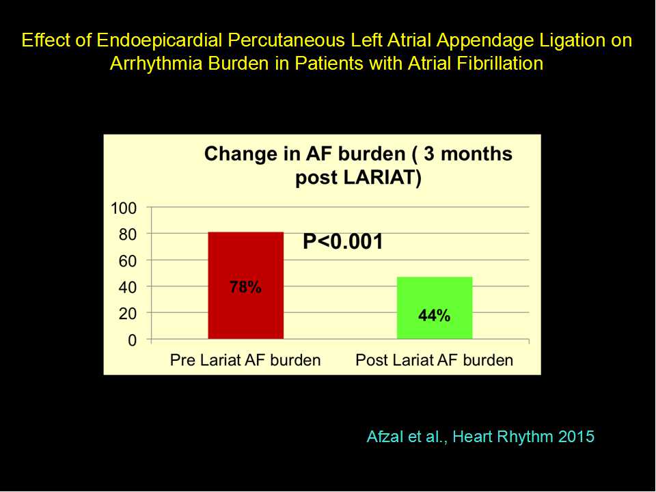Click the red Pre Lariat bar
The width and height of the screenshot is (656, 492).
(x=245, y=286)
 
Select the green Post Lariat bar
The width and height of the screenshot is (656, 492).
(x=435, y=308)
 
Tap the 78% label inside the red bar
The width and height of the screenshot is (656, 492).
(x=245, y=287)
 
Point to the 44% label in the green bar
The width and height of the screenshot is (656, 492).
(x=435, y=315)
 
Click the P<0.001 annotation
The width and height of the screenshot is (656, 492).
(x=342, y=241)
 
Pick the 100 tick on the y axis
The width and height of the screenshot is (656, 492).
(x=124, y=208)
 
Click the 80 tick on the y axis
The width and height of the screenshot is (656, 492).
(x=128, y=234)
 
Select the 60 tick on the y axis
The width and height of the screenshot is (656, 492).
(x=128, y=261)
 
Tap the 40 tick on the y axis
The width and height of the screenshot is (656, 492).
(x=128, y=288)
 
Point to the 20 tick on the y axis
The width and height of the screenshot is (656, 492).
(x=128, y=314)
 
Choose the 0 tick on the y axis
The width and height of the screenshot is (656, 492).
(x=132, y=340)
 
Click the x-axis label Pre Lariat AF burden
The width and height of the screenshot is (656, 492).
(x=245, y=360)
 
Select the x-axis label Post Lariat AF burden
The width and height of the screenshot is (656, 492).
(x=435, y=360)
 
